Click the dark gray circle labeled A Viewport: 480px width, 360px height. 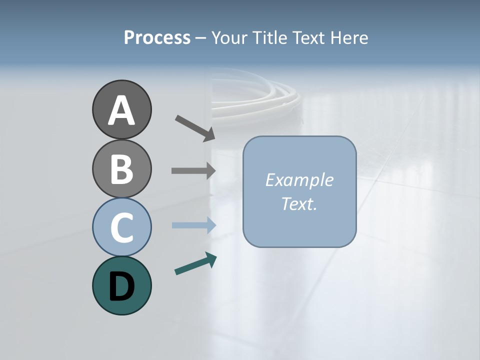click(121, 109)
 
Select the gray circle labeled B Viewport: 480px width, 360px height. click(121, 168)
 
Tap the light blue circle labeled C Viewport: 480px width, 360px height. click(121, 227)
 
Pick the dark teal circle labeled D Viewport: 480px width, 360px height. click(121, 285)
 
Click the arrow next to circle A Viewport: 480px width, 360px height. click(195, 127)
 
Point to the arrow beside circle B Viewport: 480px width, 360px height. click(193, 170)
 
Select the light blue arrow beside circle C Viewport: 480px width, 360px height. click(194, 225)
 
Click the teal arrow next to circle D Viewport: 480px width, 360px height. click(195, 264)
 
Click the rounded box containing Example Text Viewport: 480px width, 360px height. click(299, 191)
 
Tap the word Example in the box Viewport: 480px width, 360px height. click(299, 180)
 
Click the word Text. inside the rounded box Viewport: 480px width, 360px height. click(299, 204)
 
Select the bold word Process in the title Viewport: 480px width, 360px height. click(157, 38)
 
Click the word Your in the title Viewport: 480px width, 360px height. click(230, 38)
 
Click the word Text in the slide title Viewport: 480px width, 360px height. click(309, 38)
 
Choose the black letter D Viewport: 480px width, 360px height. click(121, 286)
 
